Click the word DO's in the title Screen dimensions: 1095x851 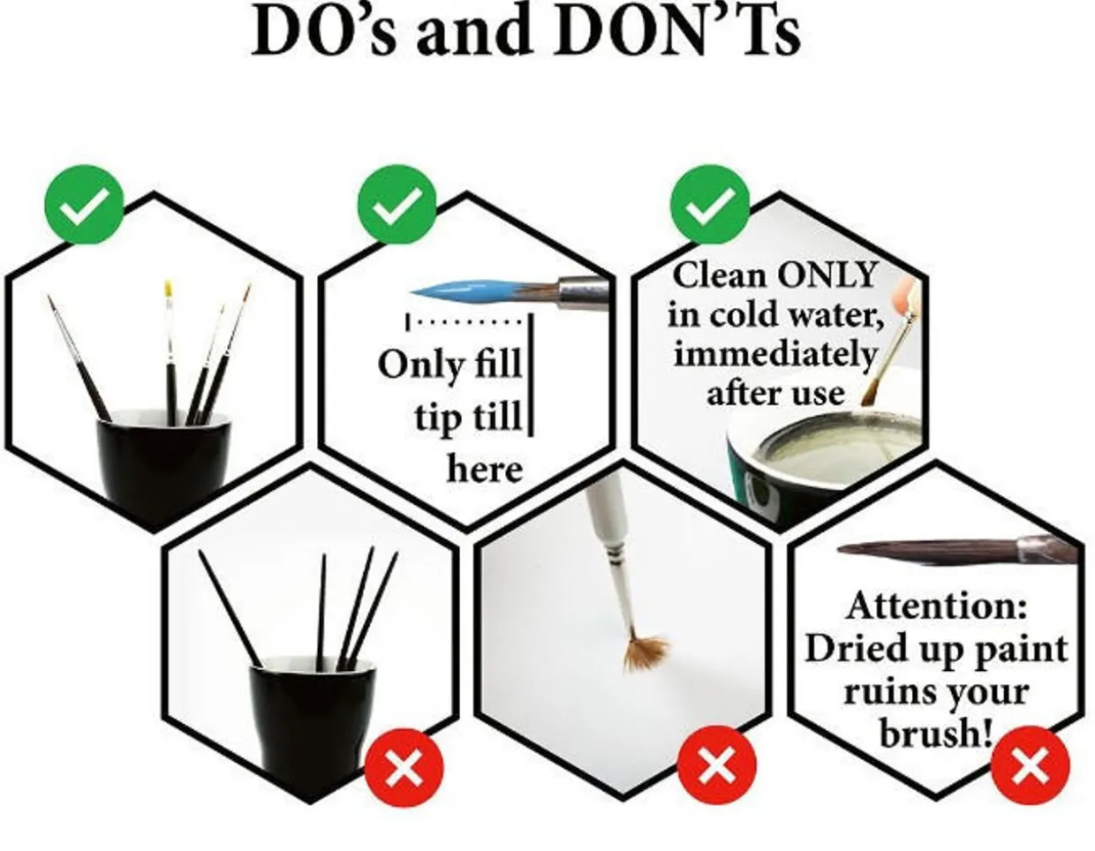[x=323, y=31]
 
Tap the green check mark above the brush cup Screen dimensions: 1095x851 [x=84, y=205]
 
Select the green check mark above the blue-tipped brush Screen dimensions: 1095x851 [x=397, y=205]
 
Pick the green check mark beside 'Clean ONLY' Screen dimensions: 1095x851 [x=709, y=205]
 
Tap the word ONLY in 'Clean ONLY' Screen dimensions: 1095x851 [x=827, y=275]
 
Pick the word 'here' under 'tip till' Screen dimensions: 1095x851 [x=485, y=470]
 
